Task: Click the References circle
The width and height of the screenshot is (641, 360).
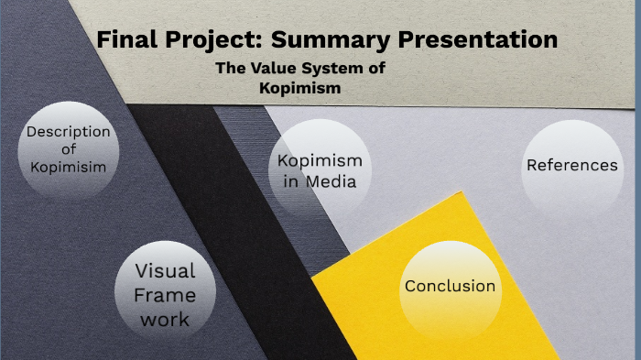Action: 571,166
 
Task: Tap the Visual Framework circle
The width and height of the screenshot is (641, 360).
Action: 165,294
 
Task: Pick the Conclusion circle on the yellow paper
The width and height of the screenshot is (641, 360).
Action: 450,287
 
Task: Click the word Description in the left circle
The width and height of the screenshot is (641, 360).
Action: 68,132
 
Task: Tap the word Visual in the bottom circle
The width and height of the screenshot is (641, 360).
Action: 165,271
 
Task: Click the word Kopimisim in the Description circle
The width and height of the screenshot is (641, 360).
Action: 68,167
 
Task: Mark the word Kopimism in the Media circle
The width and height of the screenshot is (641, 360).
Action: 320,161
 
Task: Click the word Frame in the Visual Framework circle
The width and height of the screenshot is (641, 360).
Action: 165,295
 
